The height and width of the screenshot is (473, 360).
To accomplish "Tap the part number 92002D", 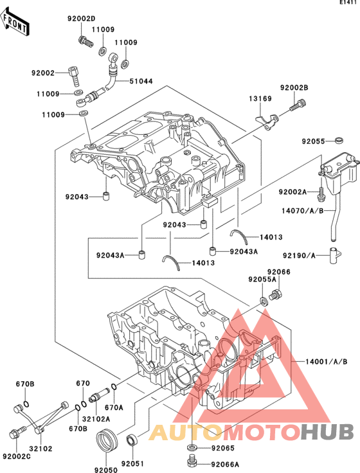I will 81,19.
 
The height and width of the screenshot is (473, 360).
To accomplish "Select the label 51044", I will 141,81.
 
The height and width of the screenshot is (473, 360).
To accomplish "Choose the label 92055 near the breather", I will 315,140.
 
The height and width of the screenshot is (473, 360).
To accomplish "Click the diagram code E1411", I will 348,3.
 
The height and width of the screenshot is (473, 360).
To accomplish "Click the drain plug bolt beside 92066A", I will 191,461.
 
